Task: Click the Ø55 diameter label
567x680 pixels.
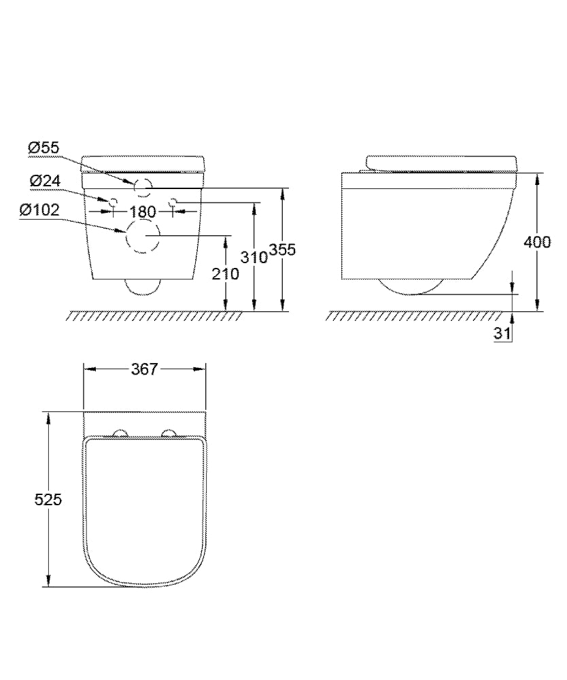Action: tap(44, 146)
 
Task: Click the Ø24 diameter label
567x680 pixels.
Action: tap(44, 180)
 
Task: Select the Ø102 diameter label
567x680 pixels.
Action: tap(39, 211)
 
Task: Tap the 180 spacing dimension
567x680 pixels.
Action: tap(143, 211)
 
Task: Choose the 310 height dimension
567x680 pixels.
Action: tap(254, 256)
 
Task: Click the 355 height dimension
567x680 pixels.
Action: tap(282, 250)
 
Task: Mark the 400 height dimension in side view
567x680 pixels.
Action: tap(538, 241)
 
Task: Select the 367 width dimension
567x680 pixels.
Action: tap(144, 369)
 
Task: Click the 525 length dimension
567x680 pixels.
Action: tap(48, 499)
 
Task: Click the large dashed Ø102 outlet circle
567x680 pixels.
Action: tap(143, 238)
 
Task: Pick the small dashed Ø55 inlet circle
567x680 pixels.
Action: tap(144, 184)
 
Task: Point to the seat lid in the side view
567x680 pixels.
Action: tap(442, 163)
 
